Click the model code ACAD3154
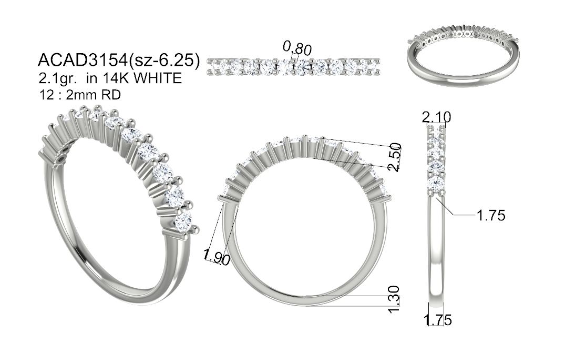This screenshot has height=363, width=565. click(x=83, y=60)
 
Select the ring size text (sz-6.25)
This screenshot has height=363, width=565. click(x=164, y=60)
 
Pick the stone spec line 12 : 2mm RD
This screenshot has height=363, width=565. click(x=80, y=95)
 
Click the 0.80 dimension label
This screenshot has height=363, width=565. click(x=297, y=48)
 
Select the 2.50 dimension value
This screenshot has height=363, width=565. click(x=395, y=157)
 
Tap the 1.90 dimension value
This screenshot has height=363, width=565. click(x=217, y=257)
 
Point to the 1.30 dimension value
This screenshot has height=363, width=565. click(x=395, y=299)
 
